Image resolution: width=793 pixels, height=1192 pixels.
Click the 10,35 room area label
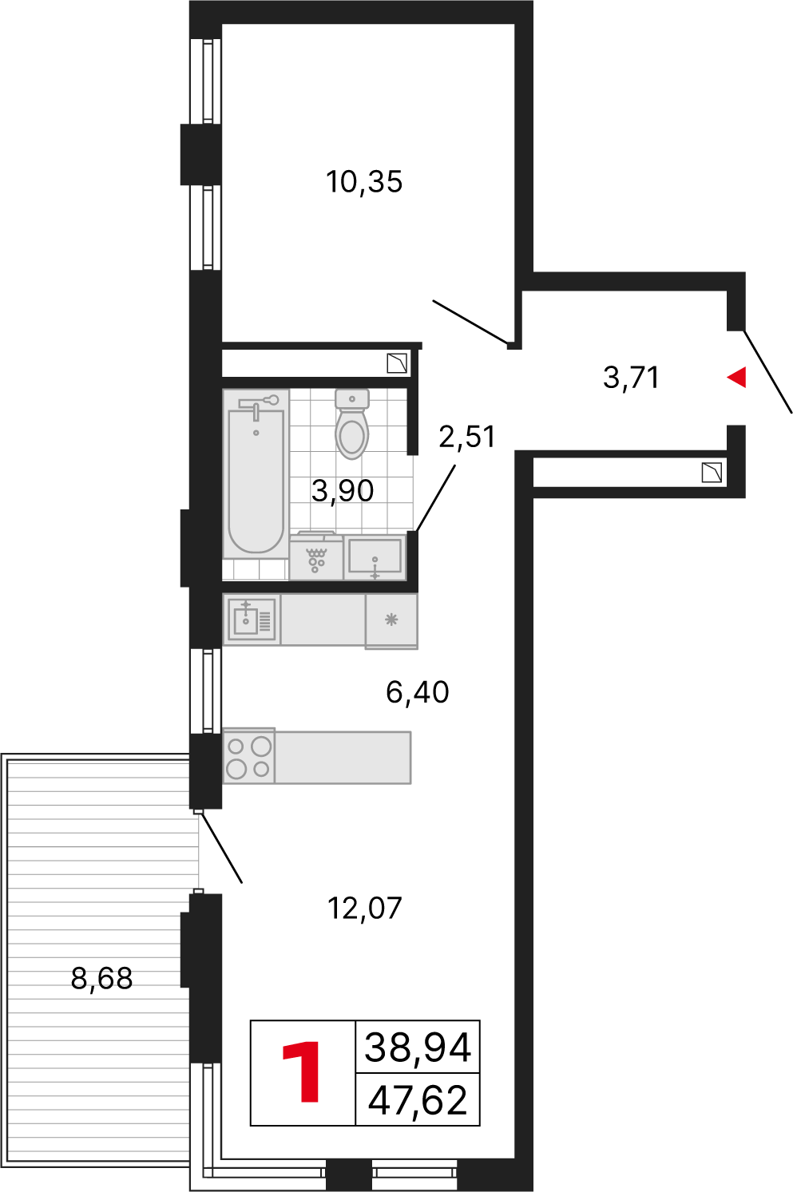coord(364,183)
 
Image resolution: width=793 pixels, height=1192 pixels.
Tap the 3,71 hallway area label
coord(631,378)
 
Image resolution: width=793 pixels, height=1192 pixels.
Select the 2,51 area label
coord(466,437)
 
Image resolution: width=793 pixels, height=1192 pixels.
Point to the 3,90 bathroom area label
coord(343,491)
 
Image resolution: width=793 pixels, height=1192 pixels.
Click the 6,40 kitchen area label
coord(417,692)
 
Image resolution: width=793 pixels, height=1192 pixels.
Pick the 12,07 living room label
coord(365,909)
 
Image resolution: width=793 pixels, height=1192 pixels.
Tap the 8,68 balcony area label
coord(101,978)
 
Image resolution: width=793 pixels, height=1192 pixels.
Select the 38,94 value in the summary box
coord(418,1047)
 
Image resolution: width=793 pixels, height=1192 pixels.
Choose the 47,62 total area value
coord(418,1100)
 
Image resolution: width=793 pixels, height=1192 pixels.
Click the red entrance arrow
coord(736,378)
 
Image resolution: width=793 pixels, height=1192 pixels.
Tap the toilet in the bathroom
coord(352,424)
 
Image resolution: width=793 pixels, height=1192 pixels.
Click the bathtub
coord(256,474)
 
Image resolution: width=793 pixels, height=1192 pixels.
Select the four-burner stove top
coord(248,755)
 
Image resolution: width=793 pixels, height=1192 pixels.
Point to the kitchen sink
coord(252,620)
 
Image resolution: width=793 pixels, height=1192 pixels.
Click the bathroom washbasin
coord(375,557)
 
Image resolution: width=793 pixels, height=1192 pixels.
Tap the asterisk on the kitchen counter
coord(392,620)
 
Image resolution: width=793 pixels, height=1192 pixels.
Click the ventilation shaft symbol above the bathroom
coord(397,363)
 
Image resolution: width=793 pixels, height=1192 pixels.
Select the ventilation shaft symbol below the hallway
coord(712,473)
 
